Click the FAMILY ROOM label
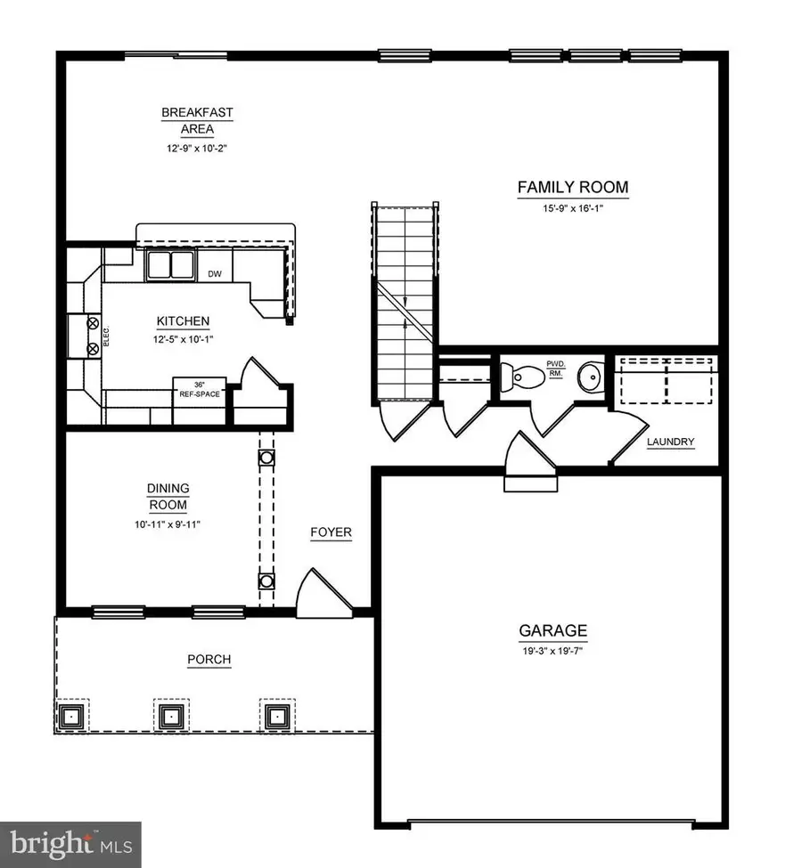tap(573, 188)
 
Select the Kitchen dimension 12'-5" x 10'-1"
tap(184, 338)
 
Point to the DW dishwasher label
tap(215, 274)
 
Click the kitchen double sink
tap(170, 265)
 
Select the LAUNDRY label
tap(670, 442)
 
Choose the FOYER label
tap(331, 533)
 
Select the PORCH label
tap(209, 660)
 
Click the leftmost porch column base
tap(71, 715)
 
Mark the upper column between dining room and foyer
tap(266, 458)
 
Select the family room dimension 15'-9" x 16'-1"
tap(573, 208)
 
